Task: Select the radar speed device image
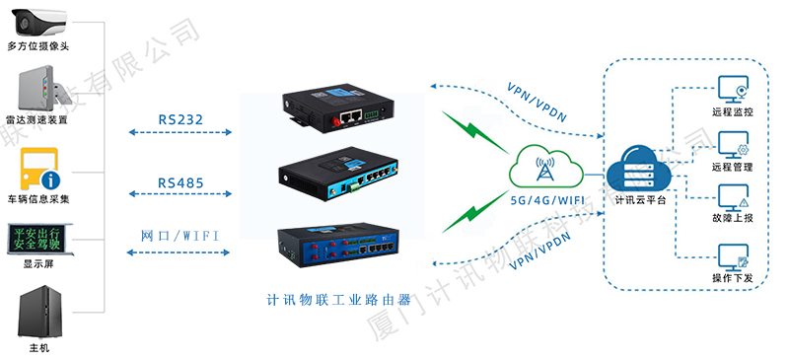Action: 37,90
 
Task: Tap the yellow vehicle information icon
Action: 38,169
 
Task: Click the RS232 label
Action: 180,120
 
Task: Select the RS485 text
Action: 180,183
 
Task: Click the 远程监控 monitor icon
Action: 733,90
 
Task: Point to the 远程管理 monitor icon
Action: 733,145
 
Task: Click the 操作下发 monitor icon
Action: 733,258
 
